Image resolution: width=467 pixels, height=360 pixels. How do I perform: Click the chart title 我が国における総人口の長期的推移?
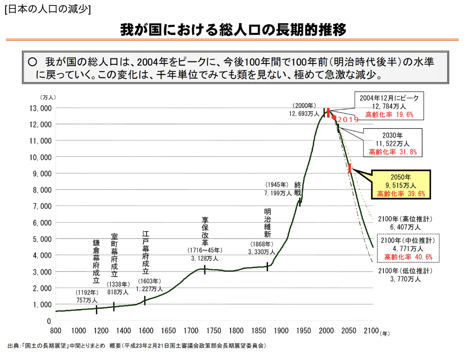233,30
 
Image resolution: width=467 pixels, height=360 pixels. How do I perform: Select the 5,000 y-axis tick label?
43,239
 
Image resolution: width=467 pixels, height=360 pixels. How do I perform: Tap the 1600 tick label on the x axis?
146,331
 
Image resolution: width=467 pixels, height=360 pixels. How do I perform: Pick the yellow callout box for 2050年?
401,185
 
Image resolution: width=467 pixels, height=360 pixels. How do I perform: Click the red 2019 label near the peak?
348,120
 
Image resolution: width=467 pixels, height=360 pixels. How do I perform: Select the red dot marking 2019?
334,117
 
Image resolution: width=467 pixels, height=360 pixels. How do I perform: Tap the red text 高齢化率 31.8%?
393,152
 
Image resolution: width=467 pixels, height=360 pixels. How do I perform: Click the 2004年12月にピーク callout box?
389,106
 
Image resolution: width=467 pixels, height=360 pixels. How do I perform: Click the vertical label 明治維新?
268,223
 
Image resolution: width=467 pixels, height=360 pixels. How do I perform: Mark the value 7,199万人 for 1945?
278,193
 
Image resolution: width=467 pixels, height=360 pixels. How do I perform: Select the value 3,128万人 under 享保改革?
205,259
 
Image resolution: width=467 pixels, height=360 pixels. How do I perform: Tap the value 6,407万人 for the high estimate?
405,227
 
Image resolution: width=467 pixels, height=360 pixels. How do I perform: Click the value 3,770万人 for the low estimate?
405,278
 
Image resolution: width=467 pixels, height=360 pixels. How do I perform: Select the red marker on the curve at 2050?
350,168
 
